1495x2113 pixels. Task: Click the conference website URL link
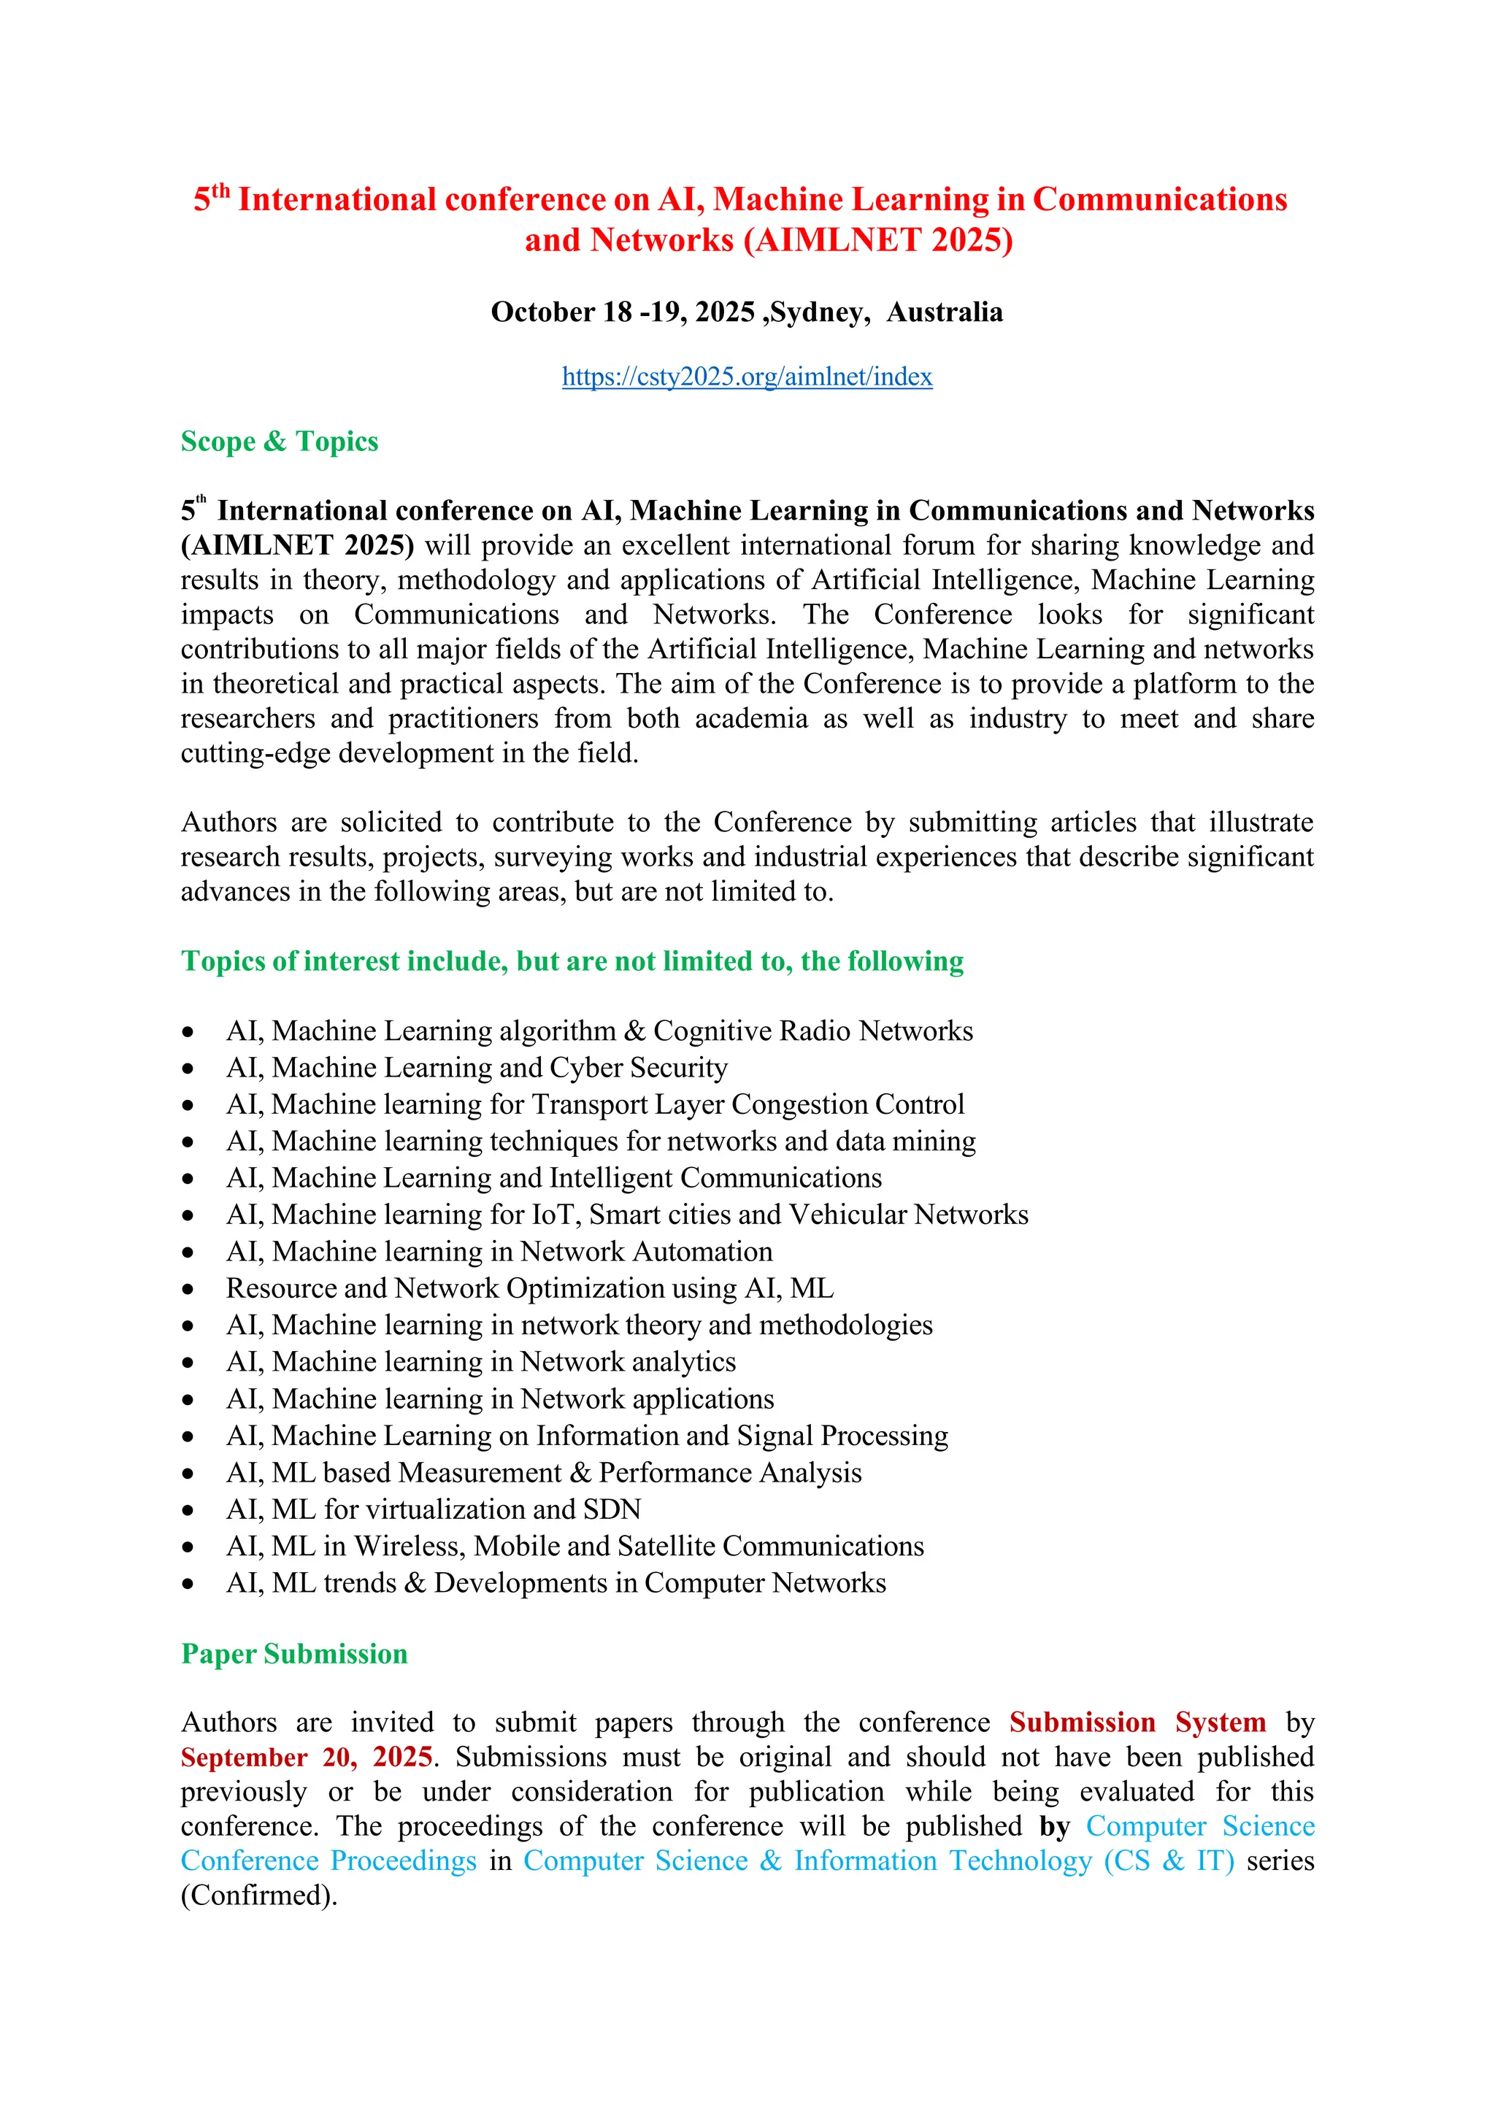click(747, 377)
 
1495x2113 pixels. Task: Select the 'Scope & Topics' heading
click(279, 442)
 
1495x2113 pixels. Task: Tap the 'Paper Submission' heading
click(293, 1654)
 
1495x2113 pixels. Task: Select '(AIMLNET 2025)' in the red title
click(878, 240)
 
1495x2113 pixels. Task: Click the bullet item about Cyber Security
click(477, 1068)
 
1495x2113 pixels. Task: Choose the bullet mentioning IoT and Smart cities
click(627, 1215)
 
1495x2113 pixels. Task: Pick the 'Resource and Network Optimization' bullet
click(529, 1288)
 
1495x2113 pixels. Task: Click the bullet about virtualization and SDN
click(434, 1509)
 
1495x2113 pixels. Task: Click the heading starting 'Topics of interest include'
click(572, 961)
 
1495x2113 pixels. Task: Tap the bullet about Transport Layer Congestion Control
click(595, 1104)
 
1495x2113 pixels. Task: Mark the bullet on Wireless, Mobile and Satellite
click(574, 1546)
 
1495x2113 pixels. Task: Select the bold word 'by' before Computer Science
click(1054, 1827)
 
